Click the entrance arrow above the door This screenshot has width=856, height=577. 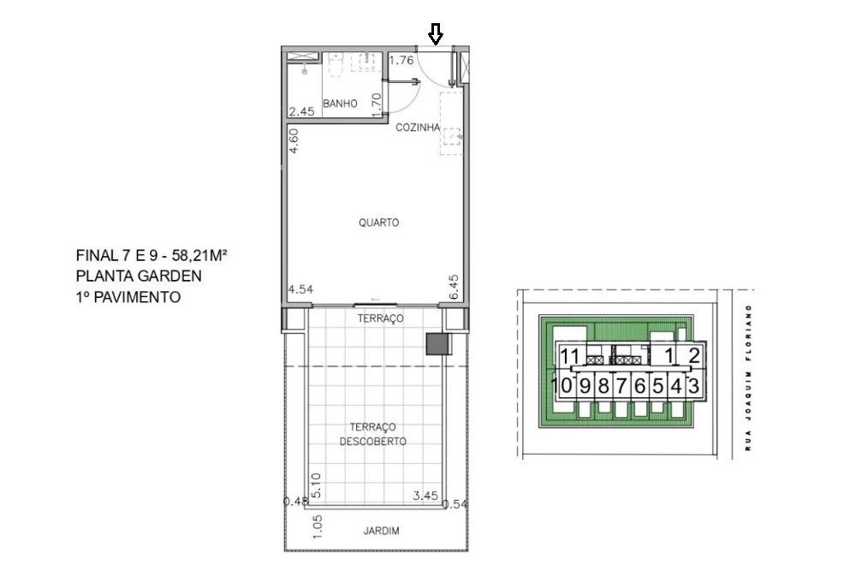436,34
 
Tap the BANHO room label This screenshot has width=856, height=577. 340,104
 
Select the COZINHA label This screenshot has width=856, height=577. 418,128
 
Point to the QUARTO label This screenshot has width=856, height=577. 379,223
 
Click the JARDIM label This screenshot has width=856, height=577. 381,531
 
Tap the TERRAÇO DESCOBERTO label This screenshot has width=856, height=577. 372,434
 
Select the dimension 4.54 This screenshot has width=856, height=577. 300,289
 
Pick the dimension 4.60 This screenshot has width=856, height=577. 294,140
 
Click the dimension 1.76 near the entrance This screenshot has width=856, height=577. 401,61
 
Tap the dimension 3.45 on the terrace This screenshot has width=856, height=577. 425,496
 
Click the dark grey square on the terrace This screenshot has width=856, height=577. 437,344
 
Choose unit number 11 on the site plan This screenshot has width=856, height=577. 569,357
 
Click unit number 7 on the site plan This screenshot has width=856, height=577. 621,385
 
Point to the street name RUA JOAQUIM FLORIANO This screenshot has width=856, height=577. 749,377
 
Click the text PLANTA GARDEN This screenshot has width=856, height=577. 139,276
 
